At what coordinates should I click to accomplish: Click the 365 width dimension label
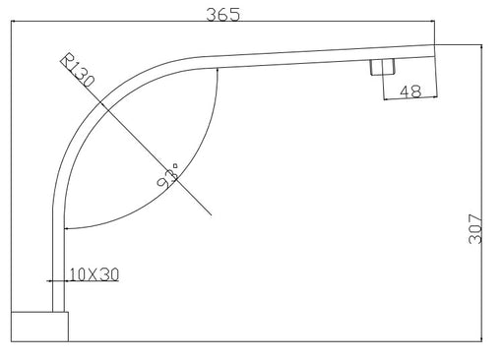click(222, 15)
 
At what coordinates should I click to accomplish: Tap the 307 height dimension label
click(474, 229)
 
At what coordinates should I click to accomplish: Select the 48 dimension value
click(410, 91)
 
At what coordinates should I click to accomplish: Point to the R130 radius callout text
click(77, 70)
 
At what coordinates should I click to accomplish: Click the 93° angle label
click(167, 176)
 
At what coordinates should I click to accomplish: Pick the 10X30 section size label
click(94, 274)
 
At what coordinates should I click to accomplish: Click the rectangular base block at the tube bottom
click(39, 327)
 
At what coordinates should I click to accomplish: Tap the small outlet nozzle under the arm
click(382, 67)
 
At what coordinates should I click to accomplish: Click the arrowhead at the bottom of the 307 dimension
click(481, 337)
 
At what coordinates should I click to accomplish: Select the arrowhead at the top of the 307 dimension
click(481, 48)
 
